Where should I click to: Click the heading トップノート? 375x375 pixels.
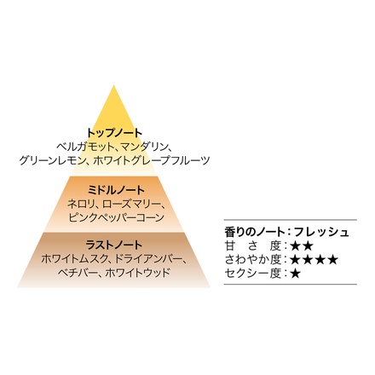[x=114, y=133]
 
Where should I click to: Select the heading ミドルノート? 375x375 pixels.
[x=116, y=190]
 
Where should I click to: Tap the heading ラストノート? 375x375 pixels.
[x=113, y=245]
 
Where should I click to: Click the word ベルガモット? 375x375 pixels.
[x=84, y=147]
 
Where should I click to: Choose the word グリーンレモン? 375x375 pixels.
[x=52, y=160]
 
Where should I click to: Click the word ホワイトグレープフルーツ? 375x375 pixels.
[x=151, y=160]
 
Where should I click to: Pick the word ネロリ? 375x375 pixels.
[x=81, y=204]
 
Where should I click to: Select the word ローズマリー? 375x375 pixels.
[x=131, y=204]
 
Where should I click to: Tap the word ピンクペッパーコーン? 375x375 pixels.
[x=117, y=217]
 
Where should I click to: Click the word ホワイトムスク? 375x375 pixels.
[x=73, y=259]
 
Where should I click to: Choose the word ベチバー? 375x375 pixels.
[x=76, y=273]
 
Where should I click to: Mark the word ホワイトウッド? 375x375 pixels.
[x=137, y=273]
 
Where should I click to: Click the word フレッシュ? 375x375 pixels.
[x=321, y=232]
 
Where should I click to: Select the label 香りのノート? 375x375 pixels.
[x=255, y=232]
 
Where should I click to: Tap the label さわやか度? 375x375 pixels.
[x=253, y=259]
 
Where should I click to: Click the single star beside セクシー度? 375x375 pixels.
[x=296, y=274]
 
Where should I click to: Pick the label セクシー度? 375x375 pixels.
[x=253, y=274]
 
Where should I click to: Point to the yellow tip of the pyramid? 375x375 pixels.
[x=113, y=85]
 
